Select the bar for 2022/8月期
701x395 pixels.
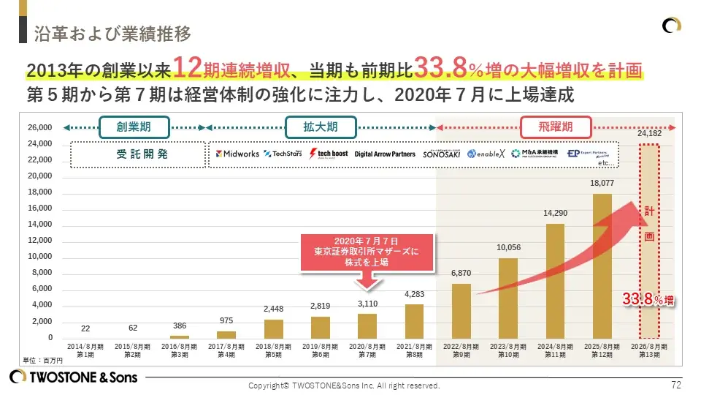(461, 311)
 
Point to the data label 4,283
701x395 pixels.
(414, 293)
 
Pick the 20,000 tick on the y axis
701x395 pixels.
(40, 176)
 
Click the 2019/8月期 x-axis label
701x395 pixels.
(321, 350)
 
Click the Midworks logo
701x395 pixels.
(237, 154)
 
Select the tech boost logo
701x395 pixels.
(328, 154)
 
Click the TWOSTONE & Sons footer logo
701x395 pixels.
(73, 377)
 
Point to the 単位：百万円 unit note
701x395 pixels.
(43, 360)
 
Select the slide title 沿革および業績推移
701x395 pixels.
(113, 34)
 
